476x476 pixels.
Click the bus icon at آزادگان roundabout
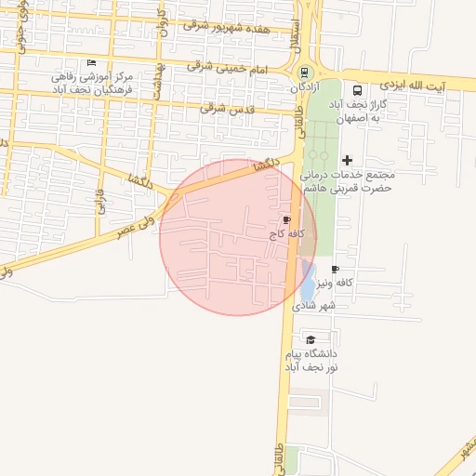coord(304,72)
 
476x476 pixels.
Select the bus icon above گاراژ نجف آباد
coord(358,90)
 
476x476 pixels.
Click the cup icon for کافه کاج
coord(285,219)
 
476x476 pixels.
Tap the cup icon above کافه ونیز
coord(335,269)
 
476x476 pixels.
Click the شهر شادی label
coord(318,304)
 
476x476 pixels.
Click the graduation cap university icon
coord(311,339)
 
